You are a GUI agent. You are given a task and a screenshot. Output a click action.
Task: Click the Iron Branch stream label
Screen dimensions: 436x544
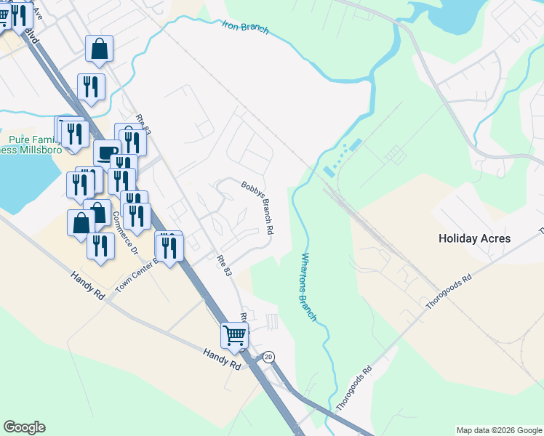[245, 28]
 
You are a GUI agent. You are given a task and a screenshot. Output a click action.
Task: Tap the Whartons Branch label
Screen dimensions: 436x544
[308, 287]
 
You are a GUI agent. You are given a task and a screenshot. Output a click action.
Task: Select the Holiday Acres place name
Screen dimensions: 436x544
[474, 238]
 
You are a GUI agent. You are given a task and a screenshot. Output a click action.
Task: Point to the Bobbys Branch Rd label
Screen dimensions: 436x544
[257, 207]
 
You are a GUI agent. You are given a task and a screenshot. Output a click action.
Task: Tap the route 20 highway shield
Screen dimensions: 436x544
[268, 357]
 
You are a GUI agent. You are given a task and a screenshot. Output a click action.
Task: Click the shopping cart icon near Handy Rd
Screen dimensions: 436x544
[234, 336]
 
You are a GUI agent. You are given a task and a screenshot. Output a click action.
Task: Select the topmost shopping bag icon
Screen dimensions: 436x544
[99, 49]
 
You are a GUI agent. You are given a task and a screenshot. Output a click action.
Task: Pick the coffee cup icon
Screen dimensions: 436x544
[107, 153]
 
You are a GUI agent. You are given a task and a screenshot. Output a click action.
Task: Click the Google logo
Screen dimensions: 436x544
[24, 427]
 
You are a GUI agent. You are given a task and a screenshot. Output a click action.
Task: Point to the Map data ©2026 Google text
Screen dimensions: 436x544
[499, 430]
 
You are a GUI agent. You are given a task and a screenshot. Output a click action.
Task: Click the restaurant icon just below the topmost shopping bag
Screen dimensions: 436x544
[92, 86]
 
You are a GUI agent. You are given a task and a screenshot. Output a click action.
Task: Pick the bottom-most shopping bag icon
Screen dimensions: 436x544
[81, 224]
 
